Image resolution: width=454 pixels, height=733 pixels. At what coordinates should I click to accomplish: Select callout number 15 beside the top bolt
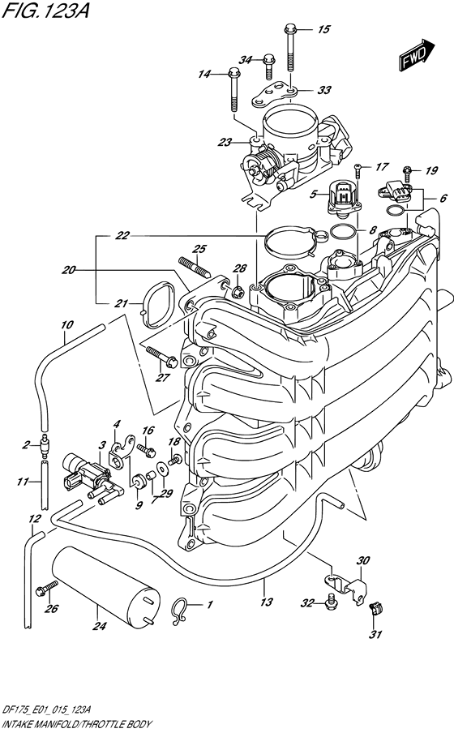click(x=323, y=30)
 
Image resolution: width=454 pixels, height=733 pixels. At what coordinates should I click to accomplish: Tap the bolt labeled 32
click(x=331, y=600)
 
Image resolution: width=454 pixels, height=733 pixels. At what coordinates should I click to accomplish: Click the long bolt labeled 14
click(x=233, y=86)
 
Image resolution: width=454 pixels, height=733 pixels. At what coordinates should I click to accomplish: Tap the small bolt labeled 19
click(x=409, y=172)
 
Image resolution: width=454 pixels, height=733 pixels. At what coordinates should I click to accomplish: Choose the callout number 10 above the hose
click(x=66, y=325)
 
